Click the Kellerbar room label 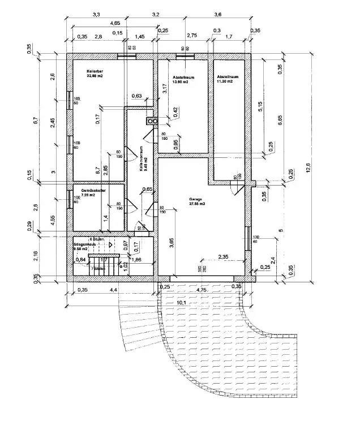click(x=95, y=71)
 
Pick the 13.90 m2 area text click(x=180, y=83)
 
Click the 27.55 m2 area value click(x=197, y=204)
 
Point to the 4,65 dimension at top click(x=114, y=23)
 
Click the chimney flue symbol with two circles click(x=151, y=121)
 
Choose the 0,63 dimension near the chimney click(x=136, y=96)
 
